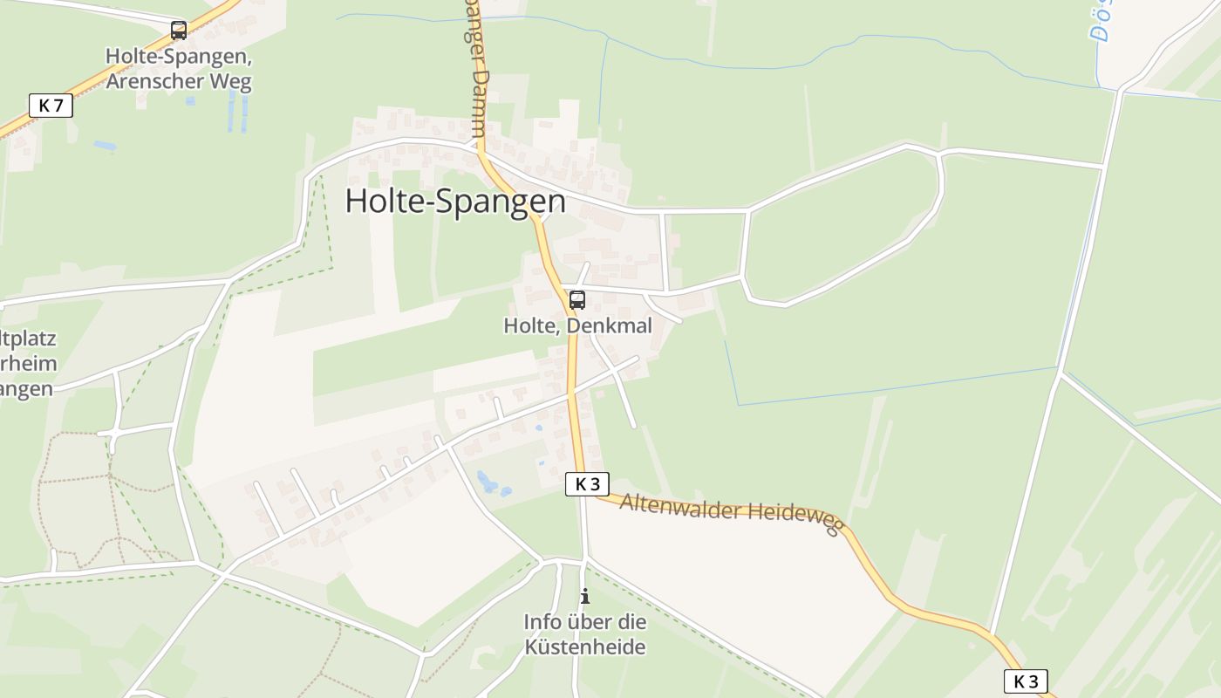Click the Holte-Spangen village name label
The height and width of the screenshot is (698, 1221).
tap(455, 202)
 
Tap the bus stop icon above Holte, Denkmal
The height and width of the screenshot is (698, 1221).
tap(576, 301)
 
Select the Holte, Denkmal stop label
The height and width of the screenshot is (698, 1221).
tap(577, 325)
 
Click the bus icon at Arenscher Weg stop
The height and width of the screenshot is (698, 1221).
tap(179, 31)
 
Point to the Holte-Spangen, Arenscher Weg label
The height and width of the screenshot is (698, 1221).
tap(179, 69)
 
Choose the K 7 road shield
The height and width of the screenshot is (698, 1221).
tap(51, 106)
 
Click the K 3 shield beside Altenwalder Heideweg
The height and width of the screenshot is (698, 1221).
tap(587, 484)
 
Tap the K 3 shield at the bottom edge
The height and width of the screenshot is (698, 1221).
tap(1026, 681)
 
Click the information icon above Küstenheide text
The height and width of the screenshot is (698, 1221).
tap(585, 597)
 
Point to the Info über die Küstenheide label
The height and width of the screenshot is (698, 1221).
tap(585, 634)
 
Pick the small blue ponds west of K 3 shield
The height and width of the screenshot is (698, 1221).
tap(486, 481)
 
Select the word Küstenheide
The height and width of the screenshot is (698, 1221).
tap(585, 647)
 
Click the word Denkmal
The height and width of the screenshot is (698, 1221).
tap(610, 325)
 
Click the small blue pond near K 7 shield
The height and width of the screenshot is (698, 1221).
tap(104, 144)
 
